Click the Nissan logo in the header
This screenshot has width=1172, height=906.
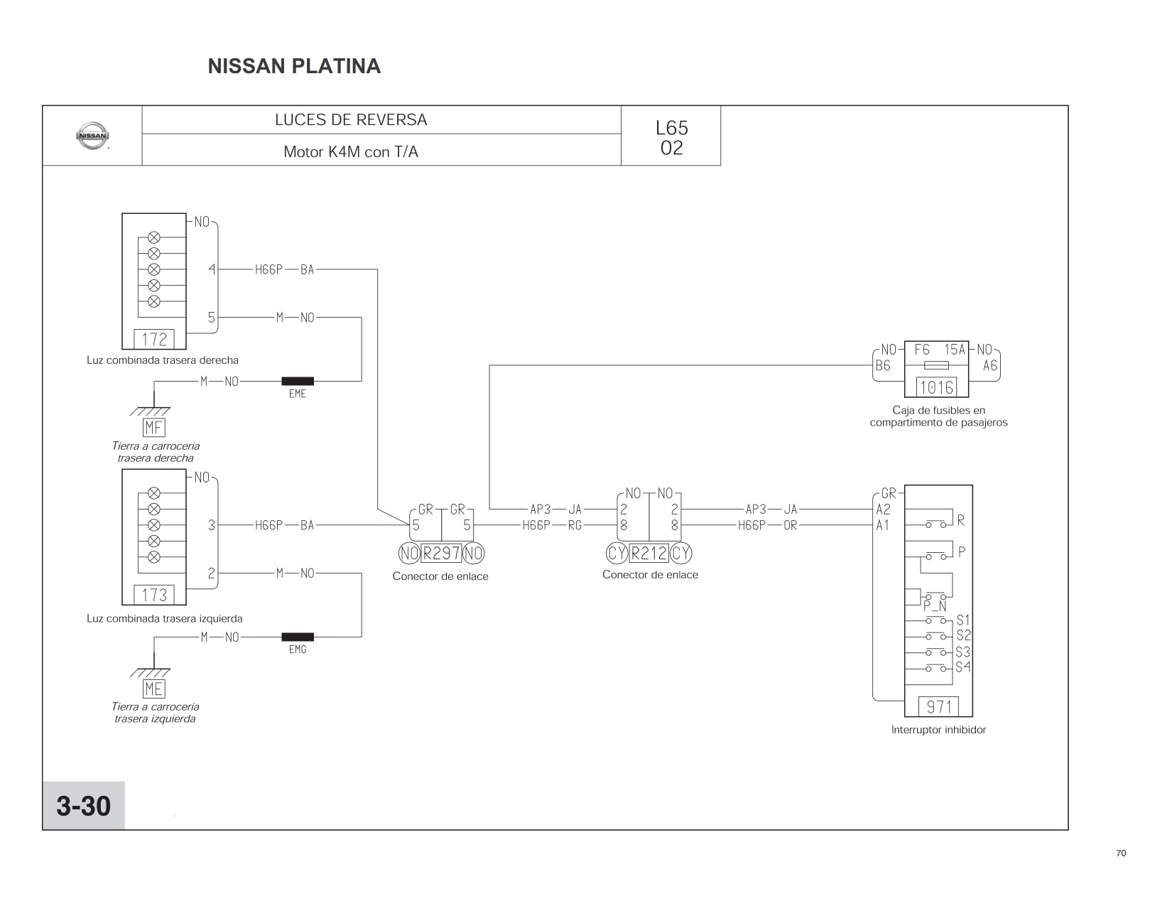(x=93, y=136)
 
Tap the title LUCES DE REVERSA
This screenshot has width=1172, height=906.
(x=351, y=120)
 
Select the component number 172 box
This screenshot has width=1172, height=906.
(x=154, y=339)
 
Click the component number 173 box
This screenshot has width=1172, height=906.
(x=154, y=595)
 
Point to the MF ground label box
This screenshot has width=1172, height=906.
(x=153, y=427)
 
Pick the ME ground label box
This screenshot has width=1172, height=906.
(x=153, y=689)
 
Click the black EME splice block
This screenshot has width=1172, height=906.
(x=298, y=381)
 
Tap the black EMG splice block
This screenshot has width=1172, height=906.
(x=298, y=637)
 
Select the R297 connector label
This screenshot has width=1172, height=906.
(x=441, y=553)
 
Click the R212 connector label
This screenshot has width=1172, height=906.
(x=649, y=553)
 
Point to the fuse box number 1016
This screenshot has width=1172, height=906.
(x=937, y=387)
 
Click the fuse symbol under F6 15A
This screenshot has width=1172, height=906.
(x=936, y=365)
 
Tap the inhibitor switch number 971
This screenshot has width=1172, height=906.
(x=939, y=706)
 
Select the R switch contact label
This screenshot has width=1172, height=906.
(x=960, y=520)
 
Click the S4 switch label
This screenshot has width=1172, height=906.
(x=963, y=667)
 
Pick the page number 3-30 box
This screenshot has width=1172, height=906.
(x=84, y=805)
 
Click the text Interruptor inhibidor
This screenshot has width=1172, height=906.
(x=938, y=730)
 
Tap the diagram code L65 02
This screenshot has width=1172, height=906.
(x=671, y=138)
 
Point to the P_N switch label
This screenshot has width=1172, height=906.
(x=935, y=606)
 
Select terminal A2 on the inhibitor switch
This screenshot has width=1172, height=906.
(x=884, y=509)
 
